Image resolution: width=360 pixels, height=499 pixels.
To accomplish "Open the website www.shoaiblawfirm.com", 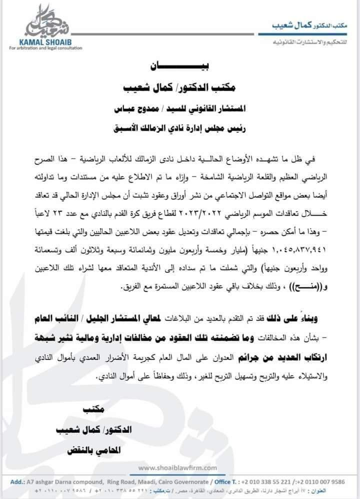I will click(177, 467).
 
